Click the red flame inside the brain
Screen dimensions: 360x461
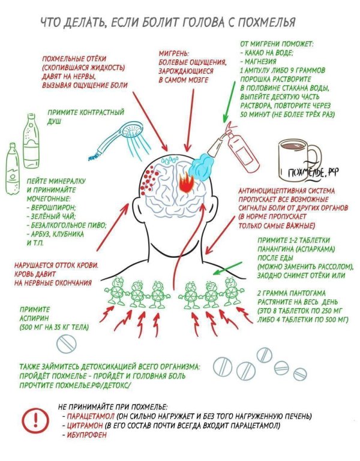[186, 182]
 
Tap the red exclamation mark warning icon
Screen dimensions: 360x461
[36, 420]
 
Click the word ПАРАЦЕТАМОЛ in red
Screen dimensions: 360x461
[91, 416]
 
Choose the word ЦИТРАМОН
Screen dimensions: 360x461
[85, 426]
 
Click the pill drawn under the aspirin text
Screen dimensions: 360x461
[66, 344]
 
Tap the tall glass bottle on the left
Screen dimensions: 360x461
[31, 140]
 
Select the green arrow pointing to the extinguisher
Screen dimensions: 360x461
[229, 101]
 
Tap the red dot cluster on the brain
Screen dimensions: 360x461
[148, 179]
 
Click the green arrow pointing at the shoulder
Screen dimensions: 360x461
[227, 268]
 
